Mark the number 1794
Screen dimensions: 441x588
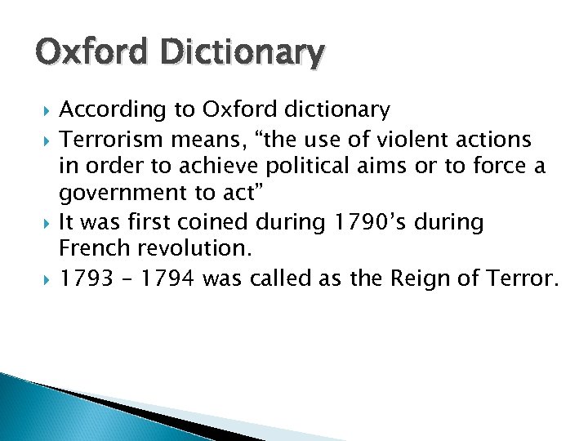(167, 278)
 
